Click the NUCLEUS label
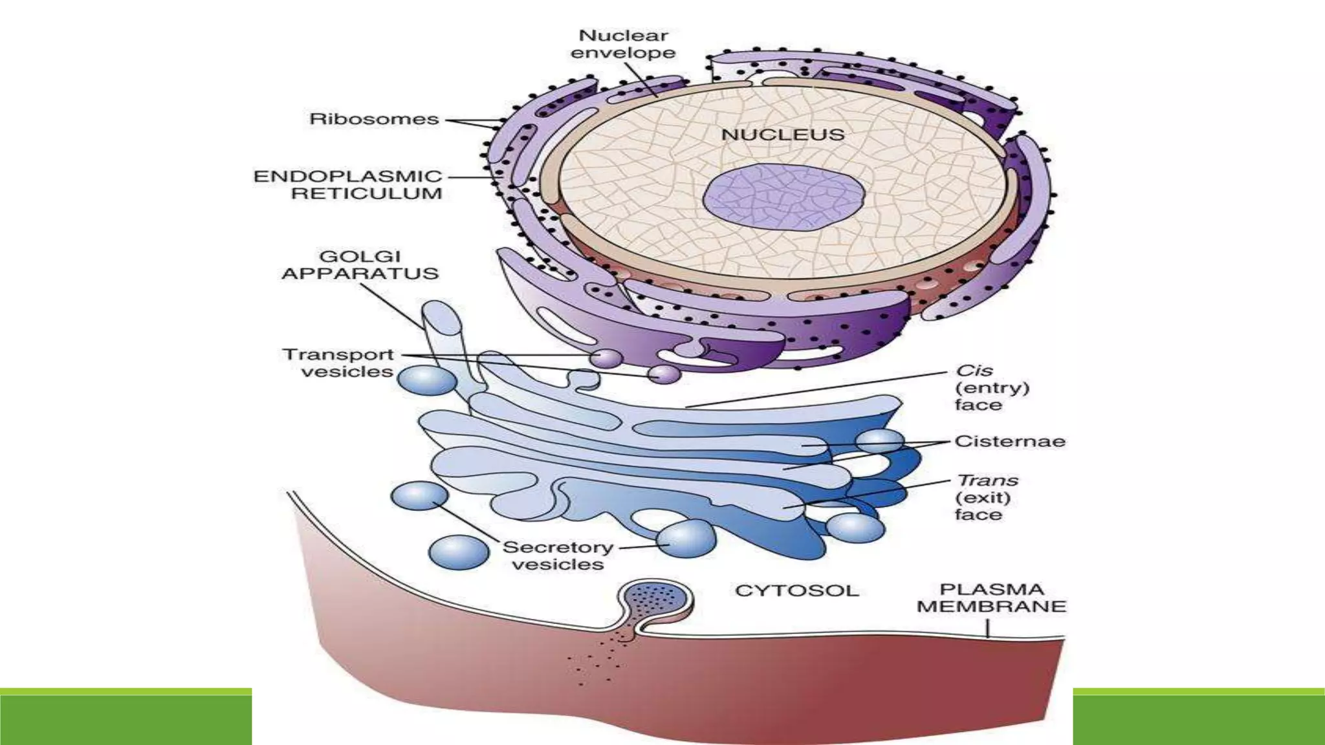783,135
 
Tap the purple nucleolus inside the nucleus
783,197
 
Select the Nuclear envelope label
623,44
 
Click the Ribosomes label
374,119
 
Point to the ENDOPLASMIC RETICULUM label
348,185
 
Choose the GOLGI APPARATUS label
360,265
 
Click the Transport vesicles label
338,363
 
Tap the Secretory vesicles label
558,556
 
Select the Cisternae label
1009,441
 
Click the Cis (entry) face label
991,387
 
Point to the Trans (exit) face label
987,497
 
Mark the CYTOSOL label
796,590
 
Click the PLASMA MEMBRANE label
991,598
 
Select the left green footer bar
126,717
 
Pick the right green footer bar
1198,717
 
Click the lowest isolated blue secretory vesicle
459,552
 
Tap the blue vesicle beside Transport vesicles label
427,380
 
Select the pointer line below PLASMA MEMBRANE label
988,629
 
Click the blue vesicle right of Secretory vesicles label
686,537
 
